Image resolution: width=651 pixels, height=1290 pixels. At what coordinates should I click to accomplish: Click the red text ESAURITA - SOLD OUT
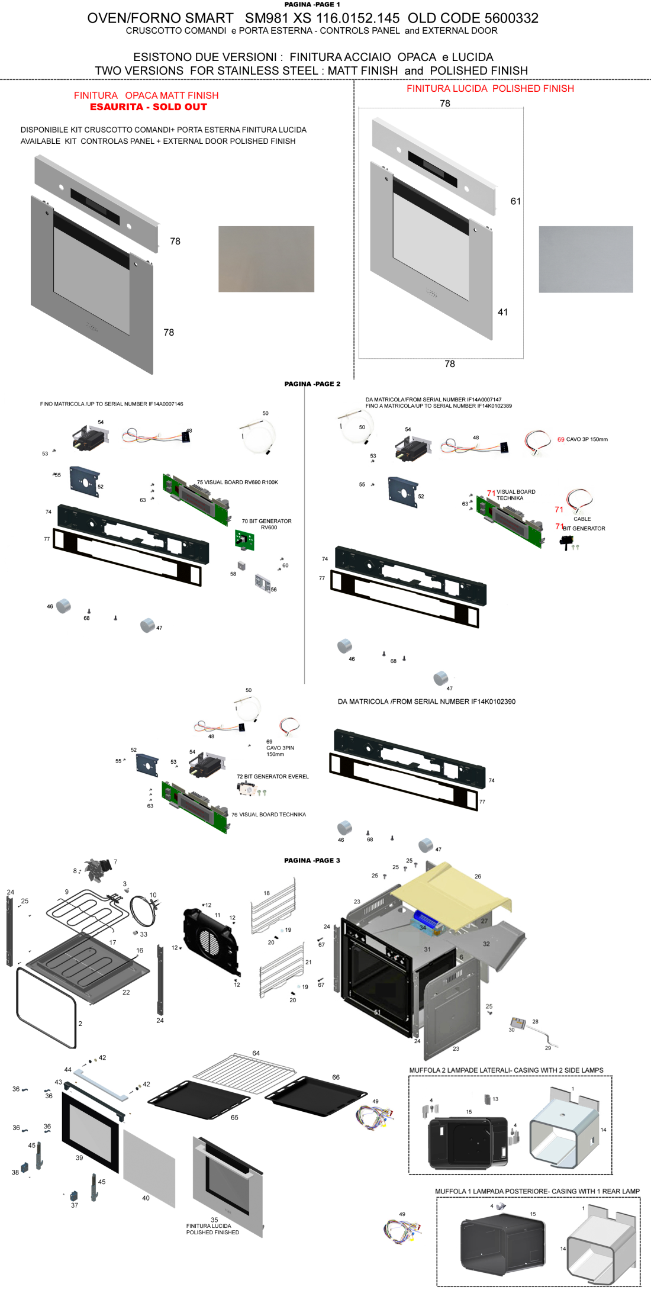pyautogui.click(x=149, y=107)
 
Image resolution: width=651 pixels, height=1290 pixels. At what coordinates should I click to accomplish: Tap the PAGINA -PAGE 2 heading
pyautogui.click(x=312, y=384)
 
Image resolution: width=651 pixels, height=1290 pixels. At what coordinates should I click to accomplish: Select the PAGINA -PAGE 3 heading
pyautogui.click(x=312, y=860)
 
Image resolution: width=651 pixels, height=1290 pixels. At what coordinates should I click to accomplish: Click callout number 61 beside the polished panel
pyautogui.click(x=515, y=201)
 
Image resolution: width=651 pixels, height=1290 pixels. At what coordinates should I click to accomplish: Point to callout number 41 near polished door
pyautogui.click(x=502, y=312)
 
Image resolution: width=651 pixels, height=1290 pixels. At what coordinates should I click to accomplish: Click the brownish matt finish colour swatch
pyautogui.click(x=266, y=259)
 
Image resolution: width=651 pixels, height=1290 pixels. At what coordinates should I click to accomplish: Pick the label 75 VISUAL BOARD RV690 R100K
pyautogui.click(x=237, y=482)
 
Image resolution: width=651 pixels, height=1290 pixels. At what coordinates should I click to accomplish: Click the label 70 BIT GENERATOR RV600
pyautogui.click(x=266, y=524)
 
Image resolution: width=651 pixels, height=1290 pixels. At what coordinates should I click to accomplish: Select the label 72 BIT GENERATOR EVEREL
pyautogui.click(x=273, y=776)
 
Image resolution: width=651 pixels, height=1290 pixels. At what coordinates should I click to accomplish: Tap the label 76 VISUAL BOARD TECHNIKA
pyautogui.click(x=269, y=815)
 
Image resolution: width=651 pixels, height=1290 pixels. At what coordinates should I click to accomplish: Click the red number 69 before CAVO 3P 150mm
pyautogui.click(x=560, y=439)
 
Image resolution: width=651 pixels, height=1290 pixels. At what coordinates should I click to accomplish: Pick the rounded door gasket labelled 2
pyautogui.click(x=46, y=1006)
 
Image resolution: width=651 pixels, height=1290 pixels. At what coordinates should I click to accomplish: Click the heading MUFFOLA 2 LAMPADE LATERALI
pyautogui.click(x=506, y=1070)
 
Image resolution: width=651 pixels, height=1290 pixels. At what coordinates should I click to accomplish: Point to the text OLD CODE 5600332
pyautogui.click(x=473, y=18)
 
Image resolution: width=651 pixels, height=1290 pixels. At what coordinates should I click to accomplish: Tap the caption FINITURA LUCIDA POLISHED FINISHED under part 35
pyautogui.click(x=212, y=1229)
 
